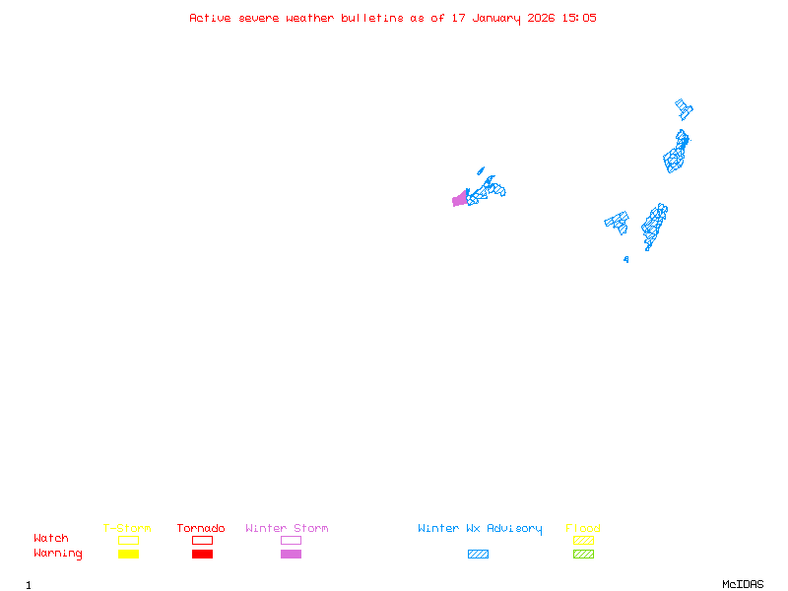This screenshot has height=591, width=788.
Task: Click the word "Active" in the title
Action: [x=210, y=18]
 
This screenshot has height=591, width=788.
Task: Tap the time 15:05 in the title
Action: [x=579, y=18]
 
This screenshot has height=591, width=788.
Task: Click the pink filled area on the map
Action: [x=459, y=200]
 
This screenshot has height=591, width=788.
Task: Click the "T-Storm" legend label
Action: [x=127, y=529]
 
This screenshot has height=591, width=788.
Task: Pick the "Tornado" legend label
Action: [x=201, y=529]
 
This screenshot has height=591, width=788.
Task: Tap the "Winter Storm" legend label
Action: [x=287, y=529]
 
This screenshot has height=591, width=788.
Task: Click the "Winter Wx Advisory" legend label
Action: [x=480, y=529]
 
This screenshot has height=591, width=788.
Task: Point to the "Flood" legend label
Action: [x=583, y=529]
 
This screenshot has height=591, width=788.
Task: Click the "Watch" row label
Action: [x=51, y=539]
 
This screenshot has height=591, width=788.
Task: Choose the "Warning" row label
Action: [x=58, y=554]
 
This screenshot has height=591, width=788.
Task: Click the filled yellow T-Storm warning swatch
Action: [x=128, y=555]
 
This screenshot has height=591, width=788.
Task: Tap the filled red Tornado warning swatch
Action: [x=202, y=555]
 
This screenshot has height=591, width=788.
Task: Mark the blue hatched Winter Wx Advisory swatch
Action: [x=478, y=555]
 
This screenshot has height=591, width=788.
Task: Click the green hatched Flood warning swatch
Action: [x=583, y=555]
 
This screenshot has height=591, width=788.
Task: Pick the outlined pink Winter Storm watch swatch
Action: [x=291, y=540]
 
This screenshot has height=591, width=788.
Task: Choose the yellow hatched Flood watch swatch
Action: [x=583, y=540]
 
